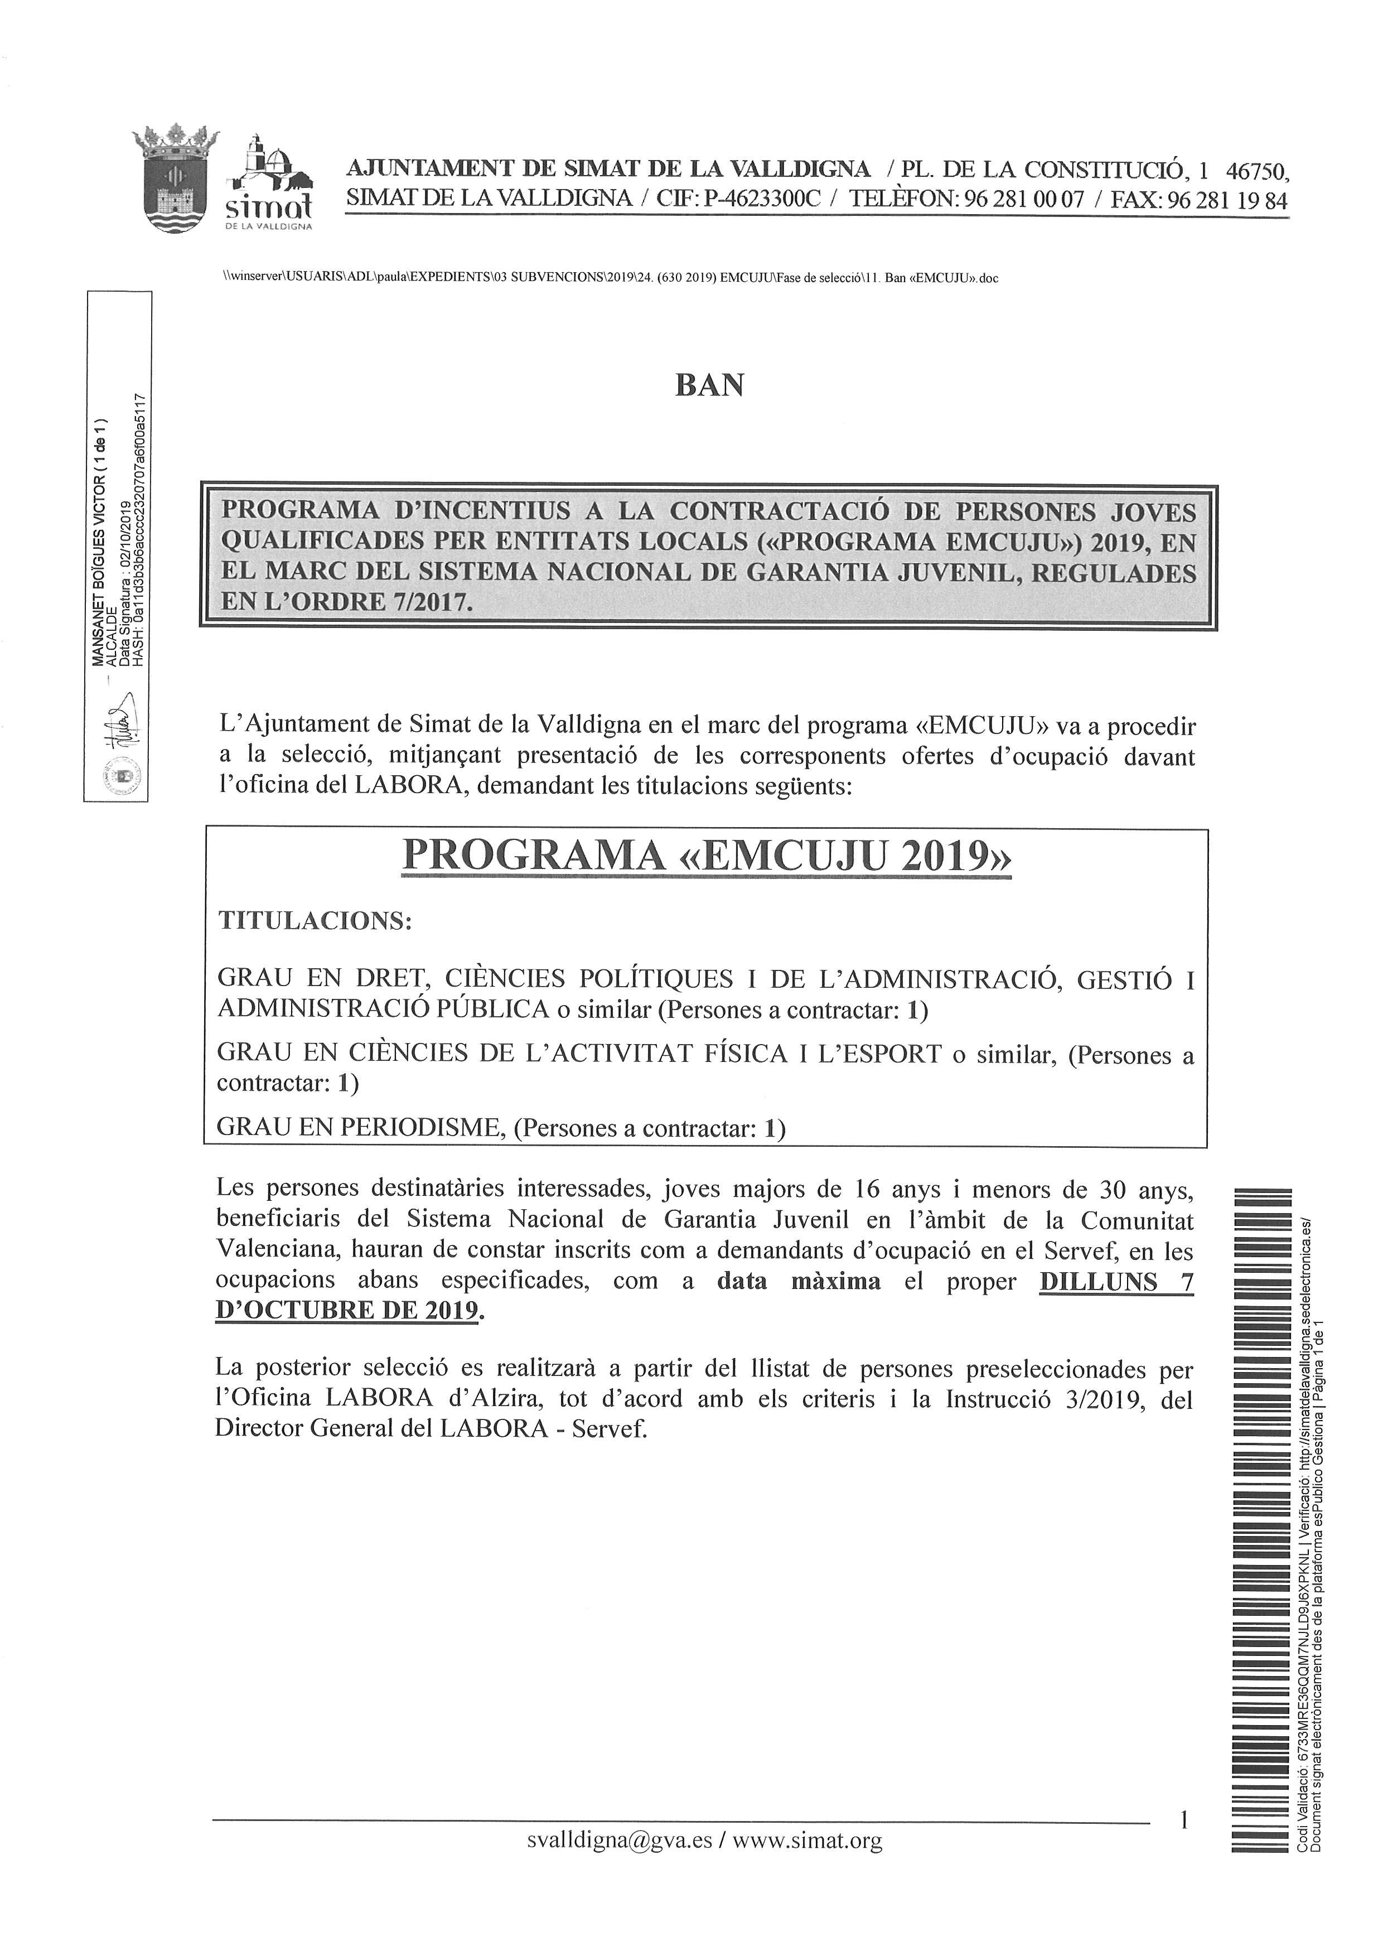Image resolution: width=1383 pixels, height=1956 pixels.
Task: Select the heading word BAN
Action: pyautogui.click(x=709, y=386)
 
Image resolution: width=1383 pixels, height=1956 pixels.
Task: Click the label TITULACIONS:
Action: pyautogui.click(x=315, y=921)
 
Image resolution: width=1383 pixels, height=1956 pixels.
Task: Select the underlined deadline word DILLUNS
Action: pyautogui.click(x=1097, y=1281)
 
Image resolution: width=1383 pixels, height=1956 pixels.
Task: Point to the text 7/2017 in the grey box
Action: pyautogui.click(x=429, y=602)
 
